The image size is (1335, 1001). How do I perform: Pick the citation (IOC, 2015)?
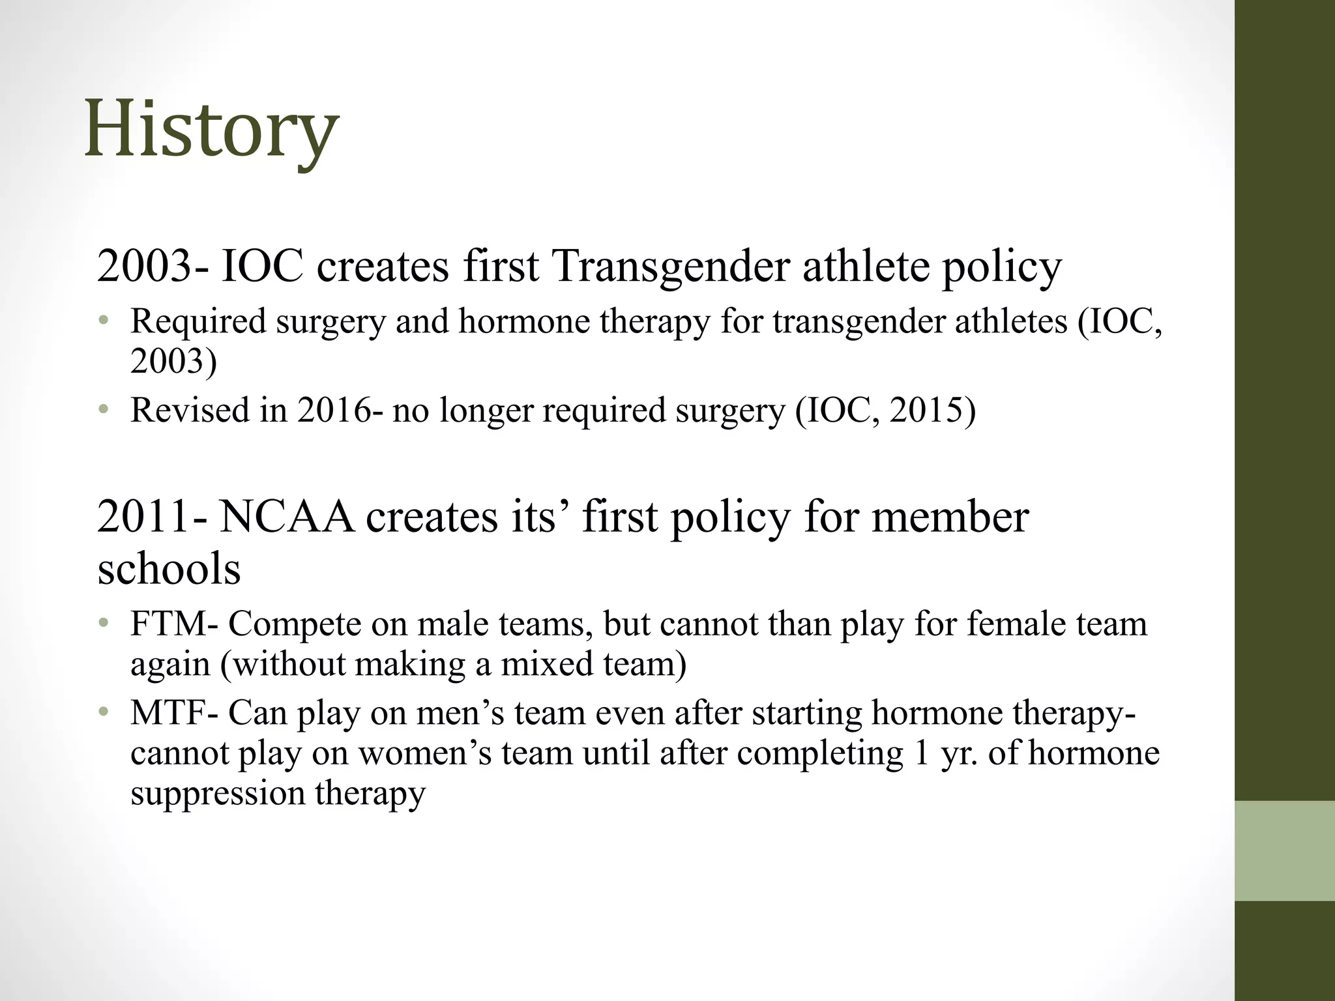(x=885, y=411)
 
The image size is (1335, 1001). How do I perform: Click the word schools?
(x=169, y=569)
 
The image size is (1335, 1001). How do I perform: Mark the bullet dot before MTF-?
(x=102, y=713)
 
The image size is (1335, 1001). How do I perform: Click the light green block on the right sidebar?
(x=1284, y=850)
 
